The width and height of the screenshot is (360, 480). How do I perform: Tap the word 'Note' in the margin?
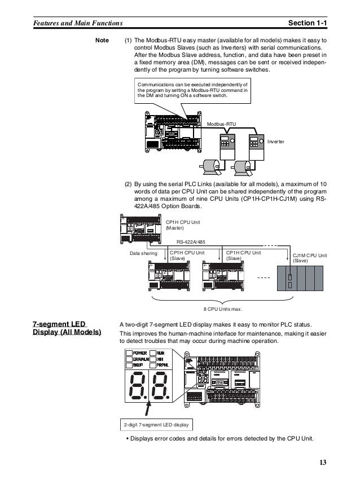(102, 41)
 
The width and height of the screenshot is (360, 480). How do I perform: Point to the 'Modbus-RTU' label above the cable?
(222, 122)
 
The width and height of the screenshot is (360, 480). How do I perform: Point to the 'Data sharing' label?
(143, 254)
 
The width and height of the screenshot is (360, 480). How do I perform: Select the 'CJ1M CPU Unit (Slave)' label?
(310, 258)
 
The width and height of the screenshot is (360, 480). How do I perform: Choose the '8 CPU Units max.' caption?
(223, 309)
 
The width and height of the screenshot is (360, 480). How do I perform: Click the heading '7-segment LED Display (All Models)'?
(67, 328)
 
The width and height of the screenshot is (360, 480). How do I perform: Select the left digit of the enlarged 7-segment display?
(139, 385)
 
